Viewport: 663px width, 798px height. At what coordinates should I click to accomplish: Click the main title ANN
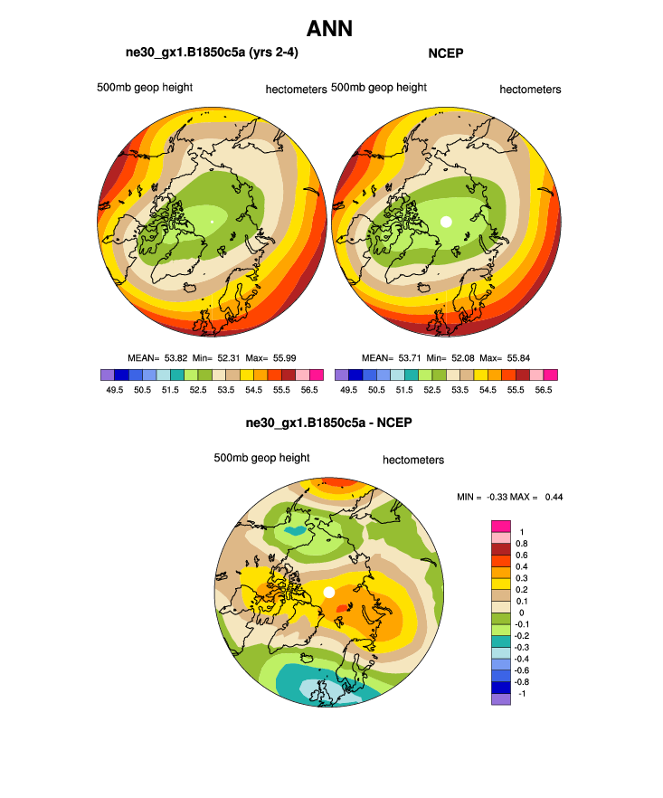point(330,29)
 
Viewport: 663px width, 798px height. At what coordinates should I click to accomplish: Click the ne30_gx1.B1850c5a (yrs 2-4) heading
point(212,52)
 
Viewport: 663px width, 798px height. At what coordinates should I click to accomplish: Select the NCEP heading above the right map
point(444,52)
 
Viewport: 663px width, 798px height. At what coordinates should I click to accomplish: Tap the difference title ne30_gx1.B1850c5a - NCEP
point(329,423)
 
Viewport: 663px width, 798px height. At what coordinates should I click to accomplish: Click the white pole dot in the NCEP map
point(445,221)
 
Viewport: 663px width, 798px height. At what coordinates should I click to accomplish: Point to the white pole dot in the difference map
point(329,592)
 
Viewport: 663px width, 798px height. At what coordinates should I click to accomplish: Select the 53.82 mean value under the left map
point(175,357)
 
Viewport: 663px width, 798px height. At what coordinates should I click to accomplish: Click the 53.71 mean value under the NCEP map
point(410,357)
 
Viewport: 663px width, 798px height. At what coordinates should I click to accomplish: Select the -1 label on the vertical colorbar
point(521,692)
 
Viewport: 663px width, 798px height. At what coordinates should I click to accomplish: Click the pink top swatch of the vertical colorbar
point(500,527)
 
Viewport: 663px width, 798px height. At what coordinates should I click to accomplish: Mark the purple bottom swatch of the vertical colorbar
point(500,698)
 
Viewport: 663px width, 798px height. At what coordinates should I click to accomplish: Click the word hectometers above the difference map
point(413,460)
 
